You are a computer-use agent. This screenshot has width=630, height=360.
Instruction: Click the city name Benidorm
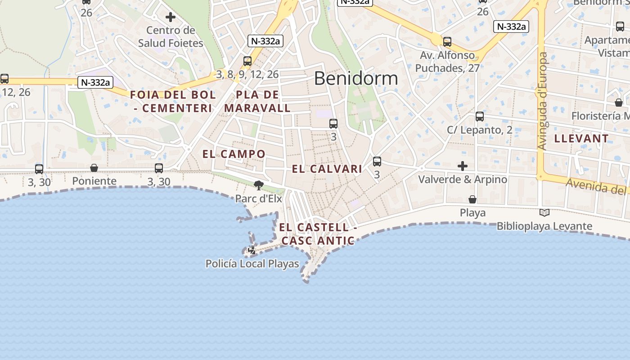[x=356, y=79]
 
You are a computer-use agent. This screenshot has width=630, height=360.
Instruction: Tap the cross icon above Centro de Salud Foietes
[x=171, y=18]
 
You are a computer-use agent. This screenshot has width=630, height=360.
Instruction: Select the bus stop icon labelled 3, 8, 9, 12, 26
[x=247, y=61]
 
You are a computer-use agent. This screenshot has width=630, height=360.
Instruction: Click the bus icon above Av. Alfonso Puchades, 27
[x=447, y=42]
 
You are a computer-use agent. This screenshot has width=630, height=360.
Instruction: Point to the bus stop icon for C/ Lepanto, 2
[x=480, y=117]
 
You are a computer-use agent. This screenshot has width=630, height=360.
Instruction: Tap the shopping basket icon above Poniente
[x=94, y=168]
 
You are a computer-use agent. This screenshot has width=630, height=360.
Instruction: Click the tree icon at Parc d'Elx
[x=258, y=185]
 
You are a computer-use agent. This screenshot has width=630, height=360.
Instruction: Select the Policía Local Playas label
[x=252, y=264]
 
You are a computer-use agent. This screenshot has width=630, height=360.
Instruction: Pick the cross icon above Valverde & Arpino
[x=462, y=166]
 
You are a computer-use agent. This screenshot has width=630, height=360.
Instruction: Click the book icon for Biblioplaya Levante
[x=544, y=212]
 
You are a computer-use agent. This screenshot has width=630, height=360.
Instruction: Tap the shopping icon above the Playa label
[x=472, y=199]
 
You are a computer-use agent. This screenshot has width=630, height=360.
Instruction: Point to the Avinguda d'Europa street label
[x=542, y=101]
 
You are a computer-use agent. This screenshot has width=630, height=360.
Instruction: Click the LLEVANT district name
[x=581, y=139]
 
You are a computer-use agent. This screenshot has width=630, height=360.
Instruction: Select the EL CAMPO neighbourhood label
[x=234, y=154]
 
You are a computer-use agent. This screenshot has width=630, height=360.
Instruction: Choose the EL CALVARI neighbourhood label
[x=327, y=169]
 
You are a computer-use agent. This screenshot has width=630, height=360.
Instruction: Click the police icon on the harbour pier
[x=252, y=250]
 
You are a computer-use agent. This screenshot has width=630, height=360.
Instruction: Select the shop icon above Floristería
[x=619, y=103]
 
